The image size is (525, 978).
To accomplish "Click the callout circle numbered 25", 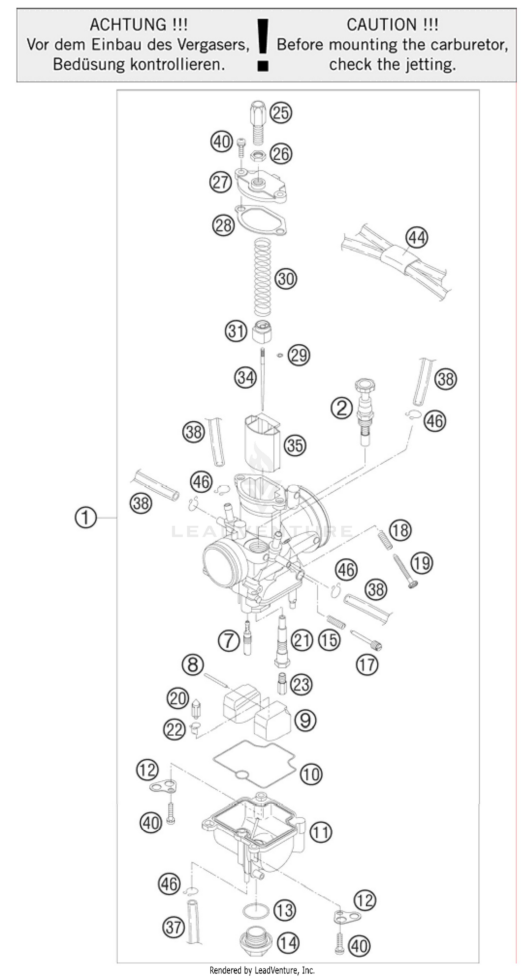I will (x=281, y=113).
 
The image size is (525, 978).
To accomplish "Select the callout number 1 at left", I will (x=85, y=518).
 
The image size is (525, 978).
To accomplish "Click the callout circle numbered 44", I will (x=416, y=238).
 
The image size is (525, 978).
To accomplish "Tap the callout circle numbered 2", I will (x=342, y=408).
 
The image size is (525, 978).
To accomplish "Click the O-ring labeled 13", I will (x=255, y=911).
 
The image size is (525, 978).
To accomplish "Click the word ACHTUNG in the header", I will (x=139, y=25).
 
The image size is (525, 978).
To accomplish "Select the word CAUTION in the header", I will (x=392, y=25).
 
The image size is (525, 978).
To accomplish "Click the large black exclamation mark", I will (x=263, y=45).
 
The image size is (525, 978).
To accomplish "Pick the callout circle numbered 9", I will (x=306, y=720).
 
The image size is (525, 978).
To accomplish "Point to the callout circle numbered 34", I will (x=245, y=378).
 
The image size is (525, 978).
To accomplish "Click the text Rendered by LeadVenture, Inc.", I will (x=262, y=970).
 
